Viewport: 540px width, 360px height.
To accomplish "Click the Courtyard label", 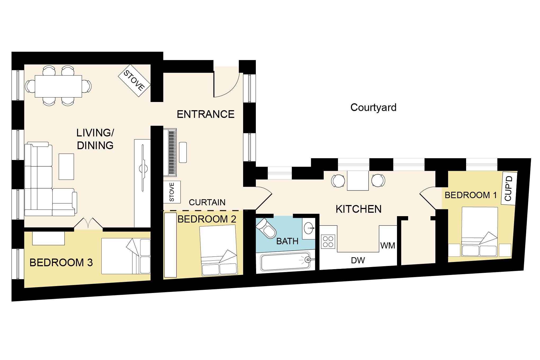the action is (373, 108).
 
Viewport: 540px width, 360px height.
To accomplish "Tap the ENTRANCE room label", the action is (206, 114).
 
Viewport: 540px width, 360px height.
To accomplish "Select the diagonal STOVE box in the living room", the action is (134, 80).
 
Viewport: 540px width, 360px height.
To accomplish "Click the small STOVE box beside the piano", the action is (172, 192).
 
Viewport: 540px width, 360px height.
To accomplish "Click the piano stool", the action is (183, 152).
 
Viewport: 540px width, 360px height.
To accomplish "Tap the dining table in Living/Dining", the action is (59, 86).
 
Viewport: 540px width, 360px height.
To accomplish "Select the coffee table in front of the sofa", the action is (66, 167).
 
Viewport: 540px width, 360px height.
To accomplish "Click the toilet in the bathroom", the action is (266, 228).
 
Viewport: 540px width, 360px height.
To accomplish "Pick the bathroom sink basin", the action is (309, 228).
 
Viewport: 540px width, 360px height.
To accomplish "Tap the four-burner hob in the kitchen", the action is (328, 242).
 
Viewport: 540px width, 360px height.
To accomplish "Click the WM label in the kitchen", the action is (388, 246).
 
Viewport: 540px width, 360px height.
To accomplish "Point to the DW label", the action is (358, 260).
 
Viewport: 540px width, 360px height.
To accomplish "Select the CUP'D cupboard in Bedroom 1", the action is (509, 188).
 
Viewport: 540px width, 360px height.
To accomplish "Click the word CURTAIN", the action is (207, 202).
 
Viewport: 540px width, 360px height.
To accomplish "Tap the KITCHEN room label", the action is (359, 209).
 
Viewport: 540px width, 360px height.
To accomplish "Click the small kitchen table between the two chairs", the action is (358, 180).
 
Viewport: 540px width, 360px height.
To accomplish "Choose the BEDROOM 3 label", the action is (61, 263).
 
